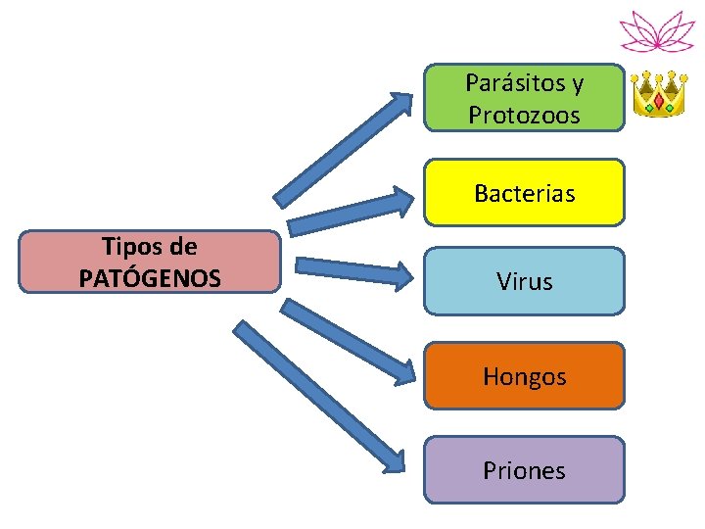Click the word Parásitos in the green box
pos(514,83)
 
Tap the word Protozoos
pos(524,115)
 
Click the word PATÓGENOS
pos(150,278)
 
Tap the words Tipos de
pos(150,247)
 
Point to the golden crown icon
pos(658,94)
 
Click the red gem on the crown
pos(658,100)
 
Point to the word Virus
pos(524,282)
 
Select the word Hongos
pos(524,376)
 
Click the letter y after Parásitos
pos(577,85)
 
